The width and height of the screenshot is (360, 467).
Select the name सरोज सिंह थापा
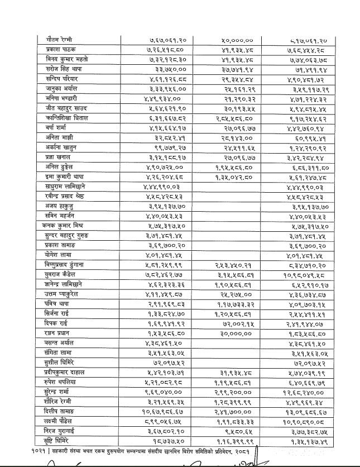[63, 69]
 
